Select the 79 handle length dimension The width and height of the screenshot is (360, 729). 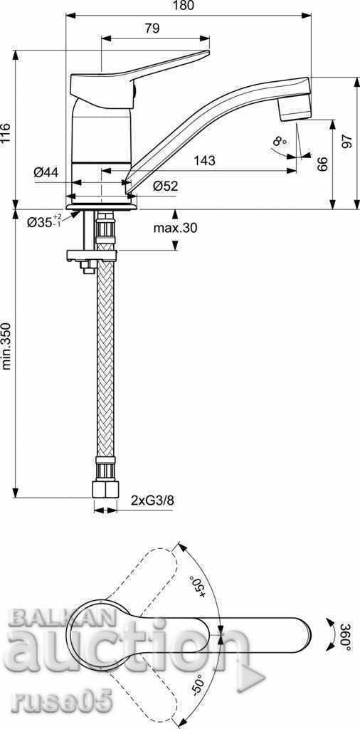tap(152, 28)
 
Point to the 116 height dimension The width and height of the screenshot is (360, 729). tap(6, 133)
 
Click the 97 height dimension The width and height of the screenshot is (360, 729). tap(346, 140)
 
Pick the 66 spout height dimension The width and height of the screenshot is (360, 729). tap(322, 164)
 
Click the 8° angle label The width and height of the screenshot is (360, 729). tap(279, 142)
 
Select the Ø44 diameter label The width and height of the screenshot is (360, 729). tap(46, 172)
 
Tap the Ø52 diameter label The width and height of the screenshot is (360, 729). tap(165, 187)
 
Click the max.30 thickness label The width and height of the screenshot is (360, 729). tap(175, 228)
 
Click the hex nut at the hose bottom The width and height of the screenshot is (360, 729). tap(105, 490)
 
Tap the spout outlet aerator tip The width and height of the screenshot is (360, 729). tap(296, 107)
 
